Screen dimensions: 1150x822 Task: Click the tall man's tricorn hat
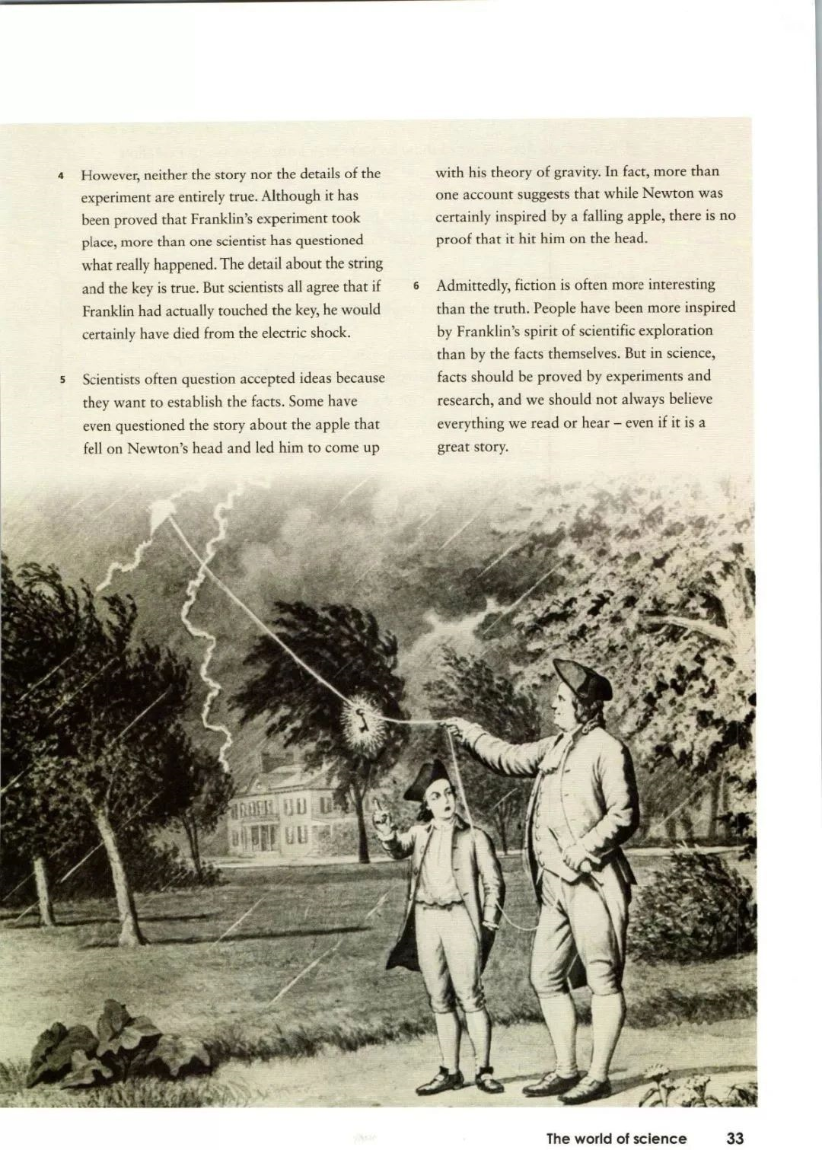click(582, 679)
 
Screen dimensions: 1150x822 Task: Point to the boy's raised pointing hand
click(383, 814)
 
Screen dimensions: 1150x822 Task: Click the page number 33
click(734, 1138)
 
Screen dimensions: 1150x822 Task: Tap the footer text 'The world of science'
click(616, 1138)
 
